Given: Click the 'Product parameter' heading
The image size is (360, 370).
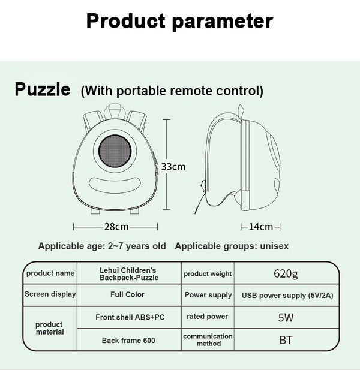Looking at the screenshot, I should tap(179, 21).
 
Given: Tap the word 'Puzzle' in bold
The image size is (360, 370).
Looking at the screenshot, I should tap(43, 90).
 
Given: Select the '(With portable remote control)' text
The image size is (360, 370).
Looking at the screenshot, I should tap(172, 91).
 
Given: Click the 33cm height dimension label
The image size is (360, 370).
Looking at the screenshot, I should tap(173, 166).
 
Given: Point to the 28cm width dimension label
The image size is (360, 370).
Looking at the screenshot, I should tap(116, 227).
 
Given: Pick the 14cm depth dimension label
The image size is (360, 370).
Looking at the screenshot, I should tap(261, 227).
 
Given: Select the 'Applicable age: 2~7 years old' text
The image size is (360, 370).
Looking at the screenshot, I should tap(102, 246).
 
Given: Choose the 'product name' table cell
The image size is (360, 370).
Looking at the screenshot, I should tap(50, 273).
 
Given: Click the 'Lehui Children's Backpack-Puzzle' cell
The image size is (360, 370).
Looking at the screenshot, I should tap(128, 274).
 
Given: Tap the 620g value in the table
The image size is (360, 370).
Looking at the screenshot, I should tap(286, 274).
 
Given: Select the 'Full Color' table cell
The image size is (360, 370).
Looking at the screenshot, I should tap(127, 294).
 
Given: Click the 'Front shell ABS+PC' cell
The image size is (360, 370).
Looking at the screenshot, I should tap(129, 317).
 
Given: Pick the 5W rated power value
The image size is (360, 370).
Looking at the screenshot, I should tap(286, 317).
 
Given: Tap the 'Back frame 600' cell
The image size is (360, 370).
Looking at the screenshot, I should tap(128, 340).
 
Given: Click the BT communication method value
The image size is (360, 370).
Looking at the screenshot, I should tap(286, 340).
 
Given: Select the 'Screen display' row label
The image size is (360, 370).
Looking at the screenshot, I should tap(50, 294).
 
